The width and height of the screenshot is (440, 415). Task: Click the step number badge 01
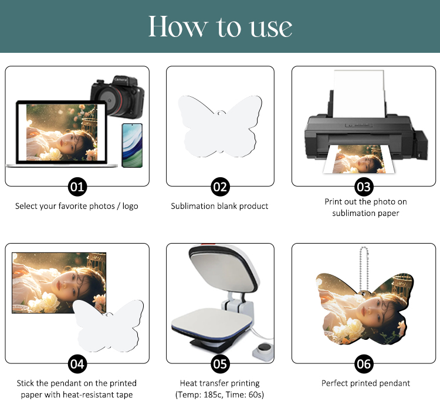point(77,187)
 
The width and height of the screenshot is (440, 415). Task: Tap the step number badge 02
point(220,187)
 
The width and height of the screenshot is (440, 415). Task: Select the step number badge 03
point(364,187)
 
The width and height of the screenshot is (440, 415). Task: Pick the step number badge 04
point(77,364)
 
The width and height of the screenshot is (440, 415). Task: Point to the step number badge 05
point(220,364)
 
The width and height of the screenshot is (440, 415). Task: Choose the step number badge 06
point(364,364)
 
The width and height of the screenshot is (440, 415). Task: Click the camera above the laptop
point(117,96)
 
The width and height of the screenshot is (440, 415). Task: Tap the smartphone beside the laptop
point(132,146)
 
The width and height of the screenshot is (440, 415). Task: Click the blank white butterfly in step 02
point(220,126)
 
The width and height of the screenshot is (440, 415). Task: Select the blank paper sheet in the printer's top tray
point(358,94)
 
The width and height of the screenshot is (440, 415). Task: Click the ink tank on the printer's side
point(421,145)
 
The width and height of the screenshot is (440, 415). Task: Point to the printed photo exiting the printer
point(359,159)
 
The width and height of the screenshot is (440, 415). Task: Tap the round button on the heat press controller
point(263,348)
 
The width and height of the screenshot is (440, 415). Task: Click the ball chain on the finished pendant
point(364,269)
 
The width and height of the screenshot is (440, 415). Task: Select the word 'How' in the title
point(177,26)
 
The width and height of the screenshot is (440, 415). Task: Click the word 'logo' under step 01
point(130,207)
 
